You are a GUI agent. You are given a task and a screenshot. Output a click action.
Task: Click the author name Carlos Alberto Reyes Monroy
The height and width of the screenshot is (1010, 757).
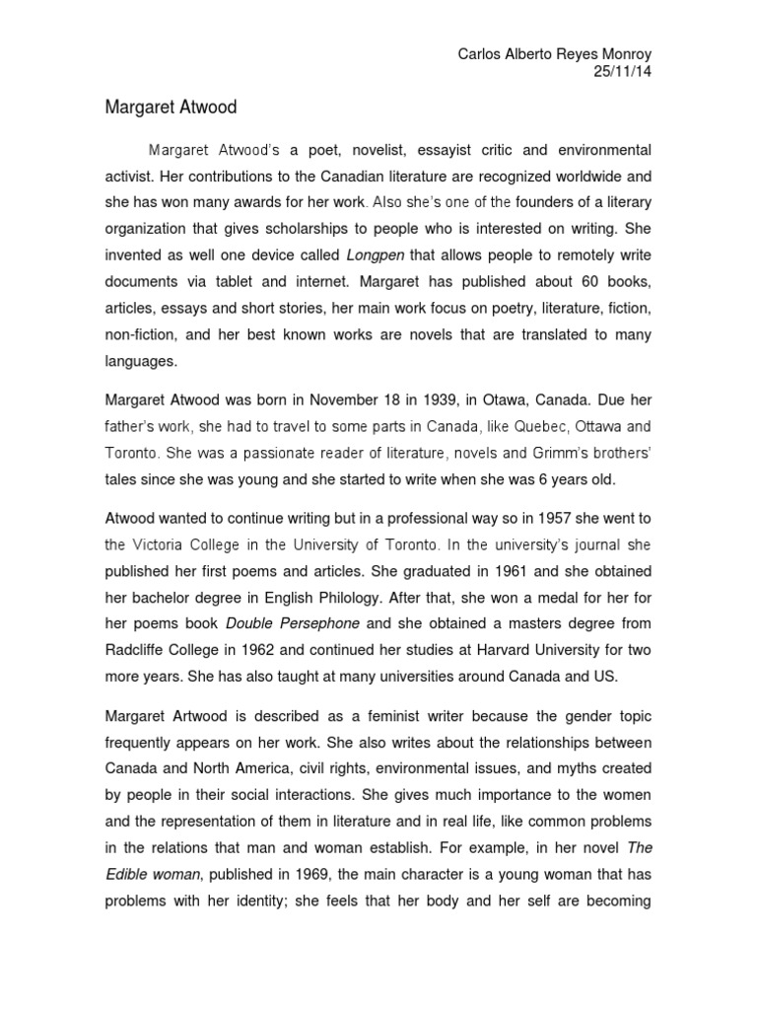tap(556, 54)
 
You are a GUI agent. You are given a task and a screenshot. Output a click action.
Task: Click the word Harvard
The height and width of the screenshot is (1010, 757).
tap(500, 651)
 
